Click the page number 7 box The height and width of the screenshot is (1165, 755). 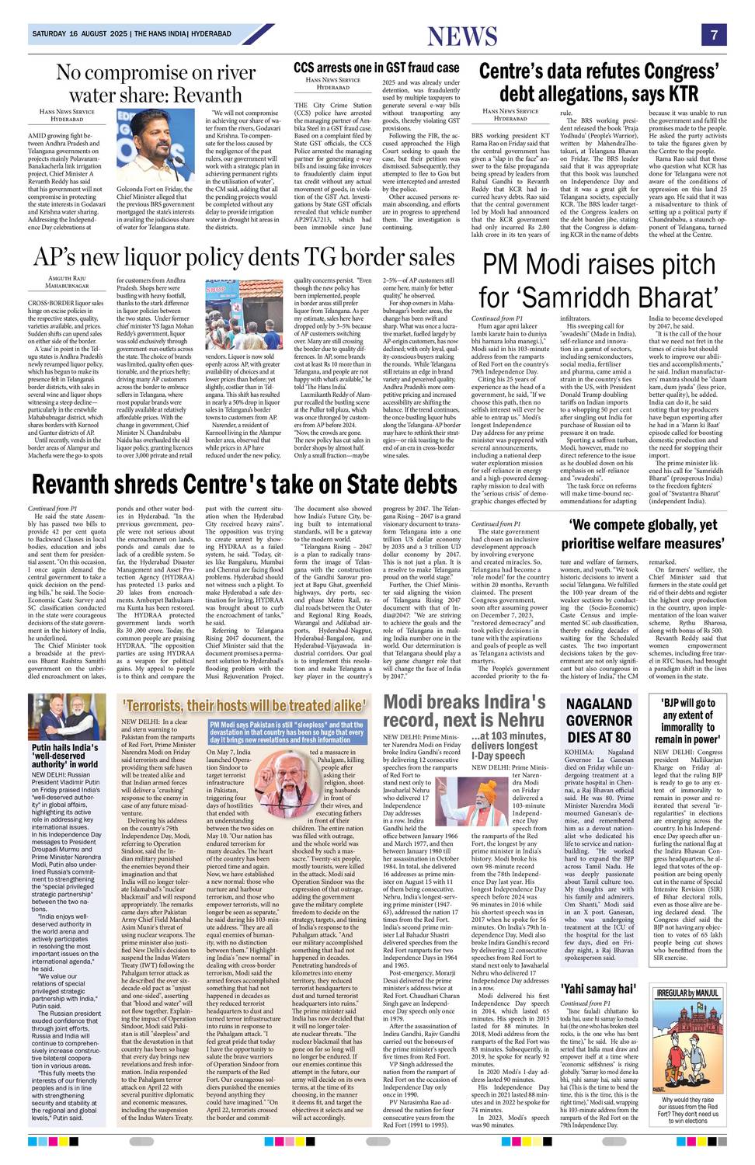(713, 35)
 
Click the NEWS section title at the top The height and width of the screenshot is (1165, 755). (462, 37)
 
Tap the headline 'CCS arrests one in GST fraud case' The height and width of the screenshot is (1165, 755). (377, 68)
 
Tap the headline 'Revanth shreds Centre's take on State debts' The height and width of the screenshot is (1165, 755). (244, 485)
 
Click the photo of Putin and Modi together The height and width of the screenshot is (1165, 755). (67, 717)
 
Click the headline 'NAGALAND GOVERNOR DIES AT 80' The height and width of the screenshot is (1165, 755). (598, 720)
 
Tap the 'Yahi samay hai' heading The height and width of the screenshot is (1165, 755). (598, 989)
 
